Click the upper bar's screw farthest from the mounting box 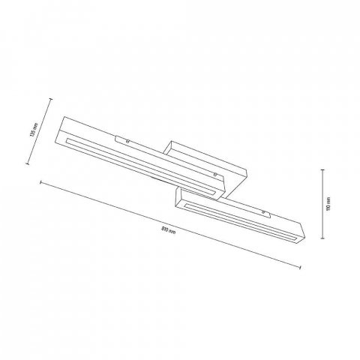click(128, 139)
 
